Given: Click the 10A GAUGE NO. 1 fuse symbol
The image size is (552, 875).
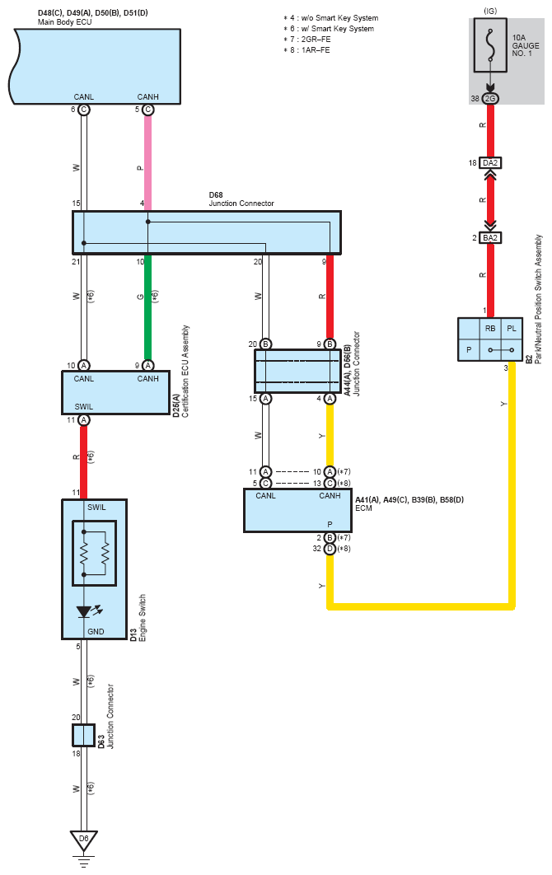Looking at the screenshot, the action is tap(490, 45).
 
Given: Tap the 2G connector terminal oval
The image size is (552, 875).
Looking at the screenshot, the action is tap(490, 99).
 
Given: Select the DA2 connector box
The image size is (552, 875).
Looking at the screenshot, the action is tap(490, 163).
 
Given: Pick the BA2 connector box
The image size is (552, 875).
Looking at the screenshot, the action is tap(490, 238).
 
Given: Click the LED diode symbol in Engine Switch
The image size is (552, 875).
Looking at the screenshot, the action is tap(84, 612).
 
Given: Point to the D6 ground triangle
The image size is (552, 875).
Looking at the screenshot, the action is tap(84, 840).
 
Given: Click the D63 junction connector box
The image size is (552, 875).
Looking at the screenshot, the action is tap(83, 736).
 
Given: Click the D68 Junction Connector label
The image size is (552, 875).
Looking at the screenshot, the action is tap(241, 199).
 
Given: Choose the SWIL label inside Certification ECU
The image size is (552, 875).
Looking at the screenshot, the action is tap(84, 407).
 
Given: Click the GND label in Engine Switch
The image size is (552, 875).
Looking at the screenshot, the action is tap(96, 632).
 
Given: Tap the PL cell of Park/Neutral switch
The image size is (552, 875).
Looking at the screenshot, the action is tap(512, 329).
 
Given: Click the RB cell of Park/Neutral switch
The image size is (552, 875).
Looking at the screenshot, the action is tap(490, 329).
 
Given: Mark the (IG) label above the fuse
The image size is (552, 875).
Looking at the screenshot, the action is tap(490, 12).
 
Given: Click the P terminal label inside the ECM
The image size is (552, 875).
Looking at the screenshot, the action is tap(330, 525).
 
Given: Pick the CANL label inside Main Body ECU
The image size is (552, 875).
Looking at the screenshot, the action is tap(84, 97).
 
